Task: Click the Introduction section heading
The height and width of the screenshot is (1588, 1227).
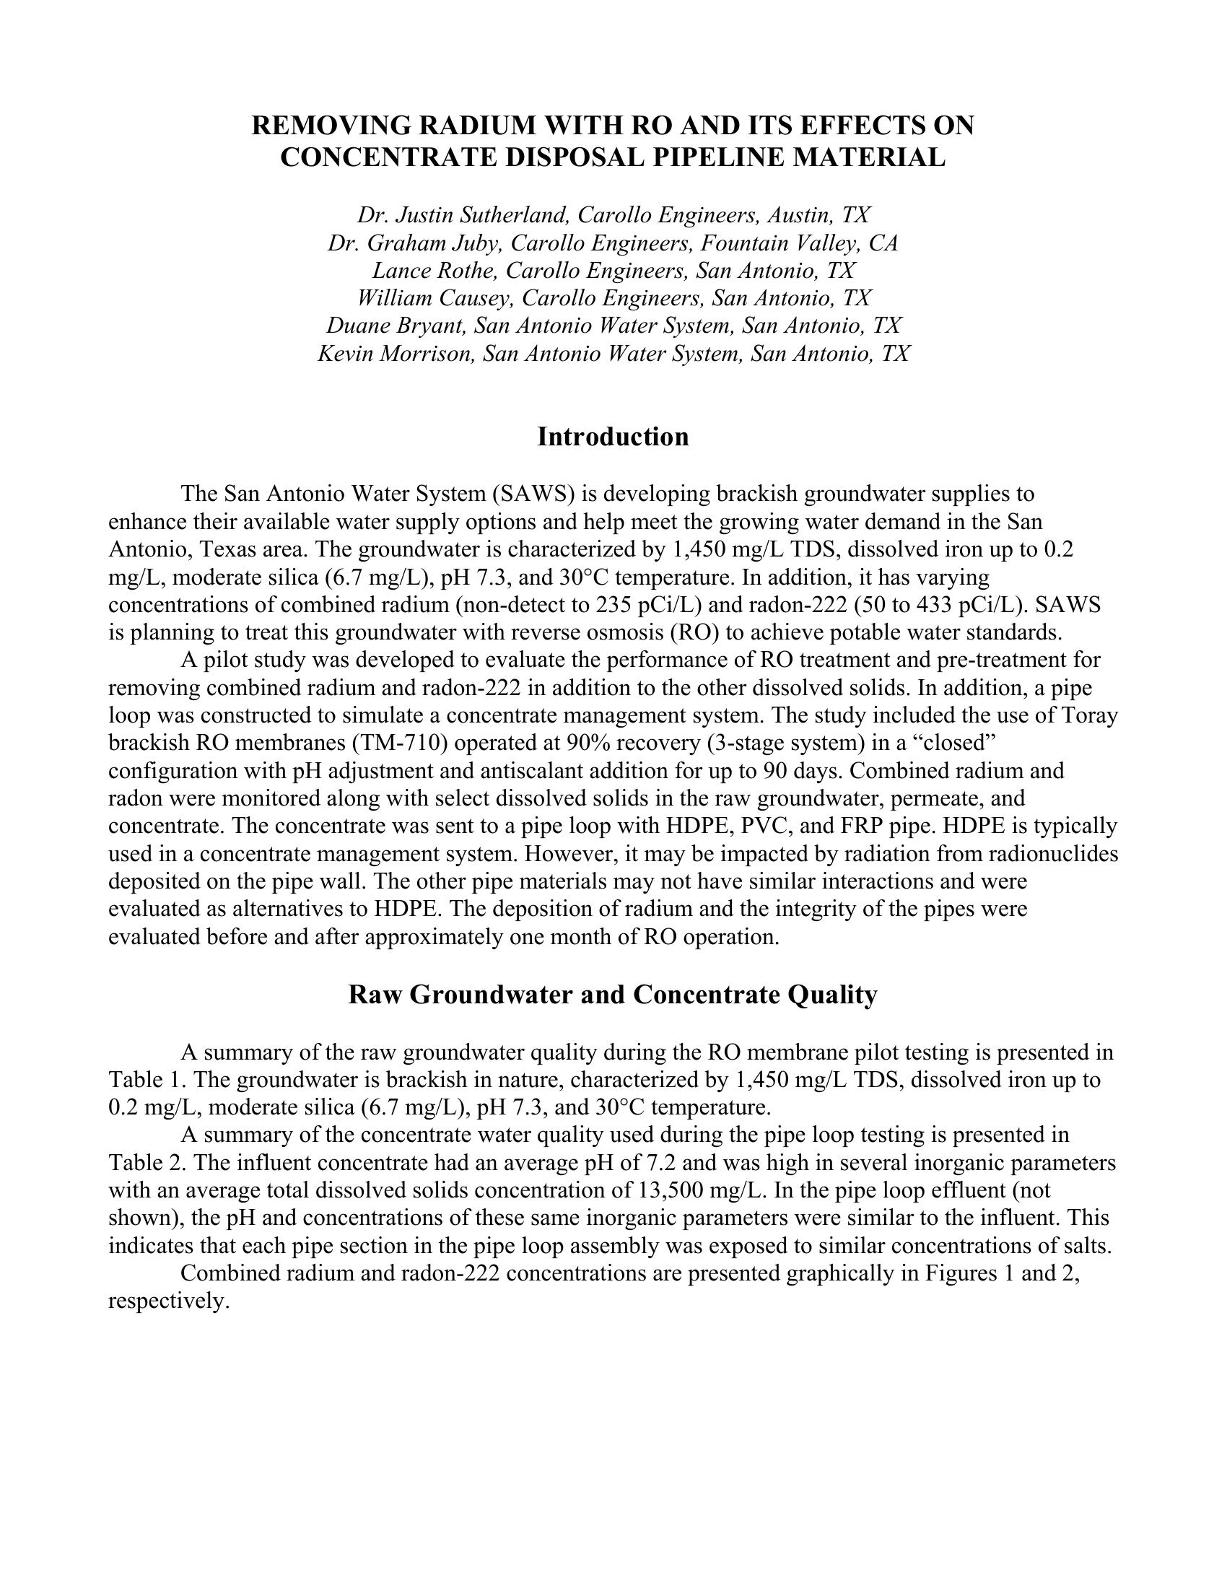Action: coord(613,437)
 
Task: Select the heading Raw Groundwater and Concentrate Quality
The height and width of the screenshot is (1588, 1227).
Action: coord(613,995)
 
